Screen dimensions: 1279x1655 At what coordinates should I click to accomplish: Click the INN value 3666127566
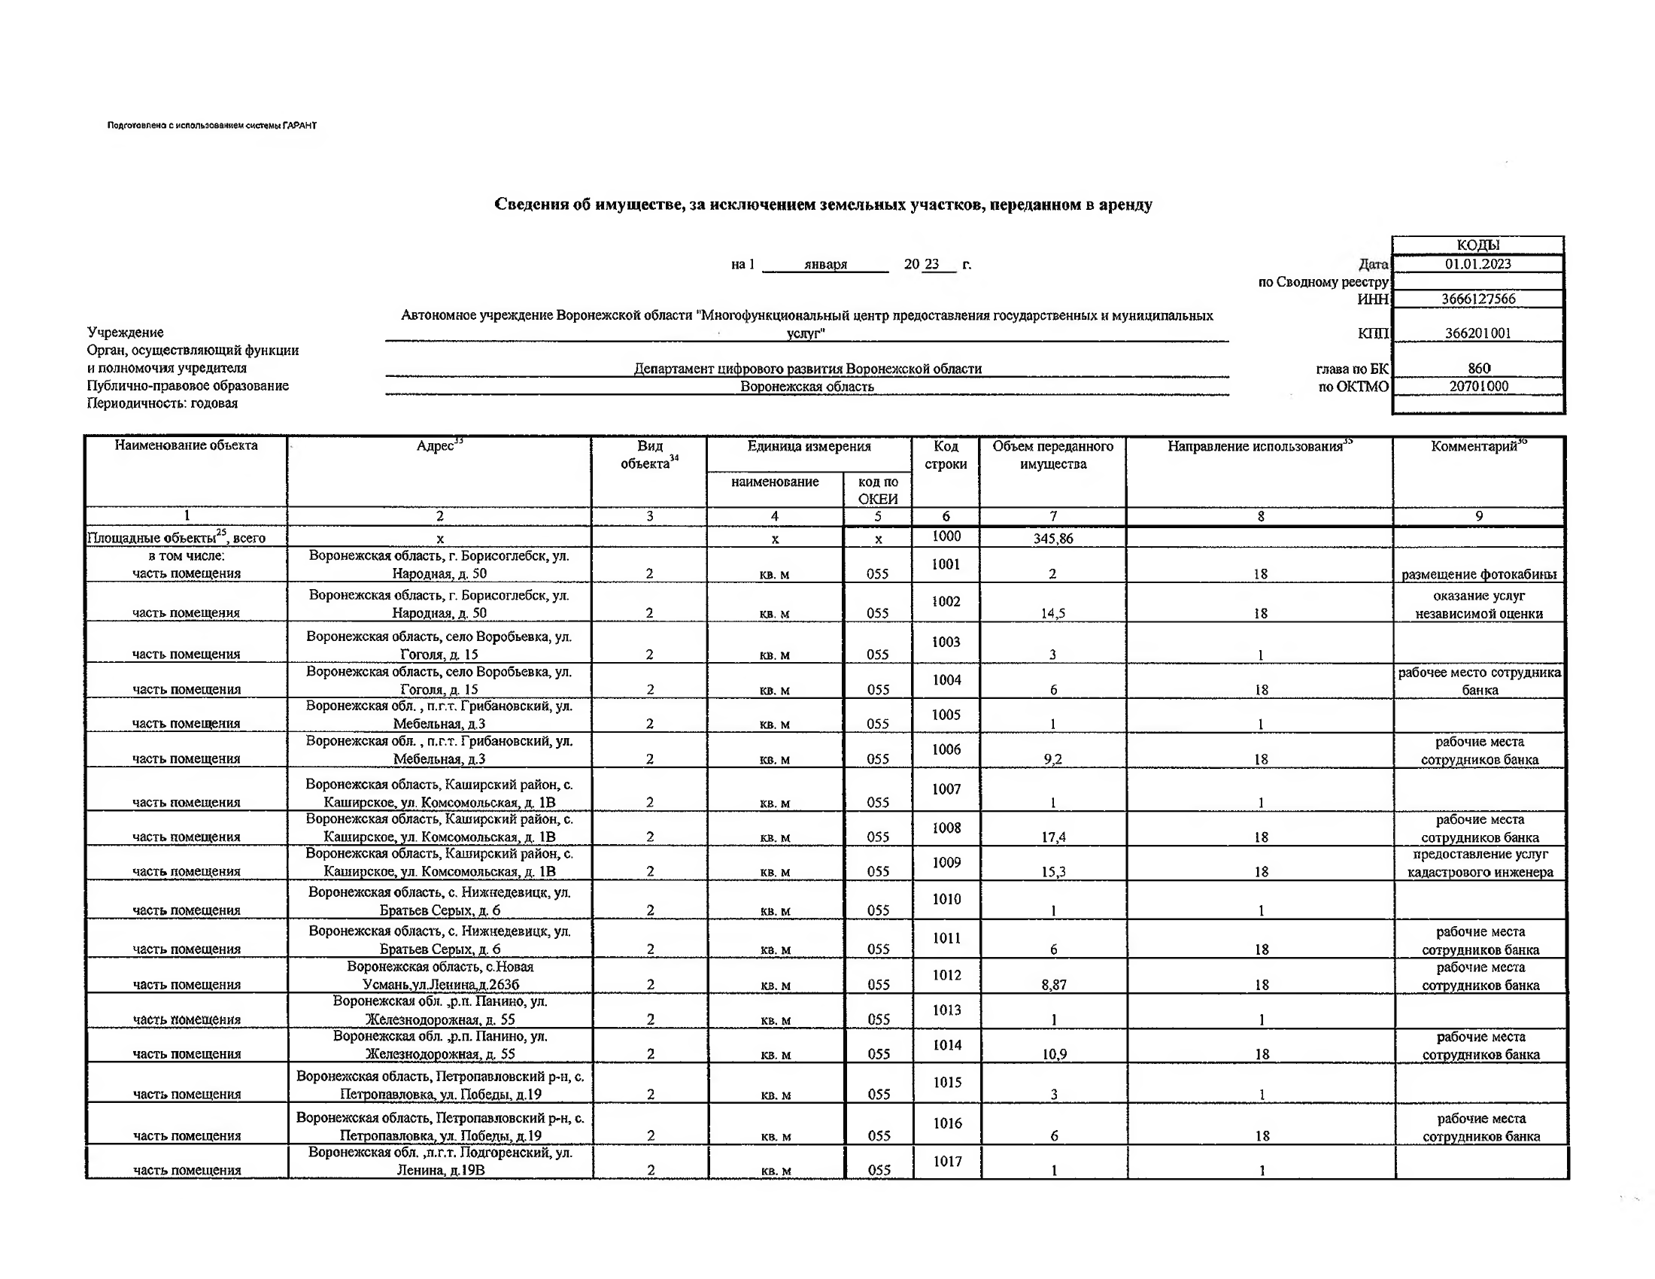click(x=1477, y=299)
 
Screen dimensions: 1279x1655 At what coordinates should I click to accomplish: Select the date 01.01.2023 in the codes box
click(x=1477, y=263)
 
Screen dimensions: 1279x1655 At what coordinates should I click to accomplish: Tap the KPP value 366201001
click(x=1477, y=333)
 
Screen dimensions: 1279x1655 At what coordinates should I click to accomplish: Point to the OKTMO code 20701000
click(x=1478, y=386)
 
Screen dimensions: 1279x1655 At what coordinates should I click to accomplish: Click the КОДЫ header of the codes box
click(x=1477, y=245)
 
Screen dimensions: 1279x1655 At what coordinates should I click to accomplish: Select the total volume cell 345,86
click(x=1052, y=539)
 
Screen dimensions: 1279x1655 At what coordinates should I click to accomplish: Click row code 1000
click(x=946, y=536)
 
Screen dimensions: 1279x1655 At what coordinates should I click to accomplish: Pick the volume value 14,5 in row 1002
click(x=1052, y=613)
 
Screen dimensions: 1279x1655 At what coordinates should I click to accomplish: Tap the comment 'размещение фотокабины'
click(x=1478, y=574)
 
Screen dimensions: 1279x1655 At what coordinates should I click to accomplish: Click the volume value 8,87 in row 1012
click(x=1053, y=984)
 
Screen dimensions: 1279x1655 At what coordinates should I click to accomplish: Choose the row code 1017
click(x=947, y=1161)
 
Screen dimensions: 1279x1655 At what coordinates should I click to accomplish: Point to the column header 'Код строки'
click(x=946, y=454)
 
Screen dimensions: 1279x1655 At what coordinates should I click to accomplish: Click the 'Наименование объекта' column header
click(x=187, y=445)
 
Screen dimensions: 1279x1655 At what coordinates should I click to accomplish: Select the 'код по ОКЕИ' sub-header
click(x=877, y=491)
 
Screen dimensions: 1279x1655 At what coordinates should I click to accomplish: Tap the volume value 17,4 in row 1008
click(x=1053, y=837)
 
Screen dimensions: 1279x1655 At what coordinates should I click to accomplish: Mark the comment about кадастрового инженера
click(x=1480, y=863)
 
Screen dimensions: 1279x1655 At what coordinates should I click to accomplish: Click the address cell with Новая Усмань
click(x=440, y=975)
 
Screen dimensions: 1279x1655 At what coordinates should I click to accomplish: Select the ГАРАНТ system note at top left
click(x=212, y=126)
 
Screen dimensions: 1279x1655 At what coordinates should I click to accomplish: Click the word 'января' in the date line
click(x=825, y=264)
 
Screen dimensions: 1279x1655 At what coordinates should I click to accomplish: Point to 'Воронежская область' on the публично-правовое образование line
click(x=807, y=387)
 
